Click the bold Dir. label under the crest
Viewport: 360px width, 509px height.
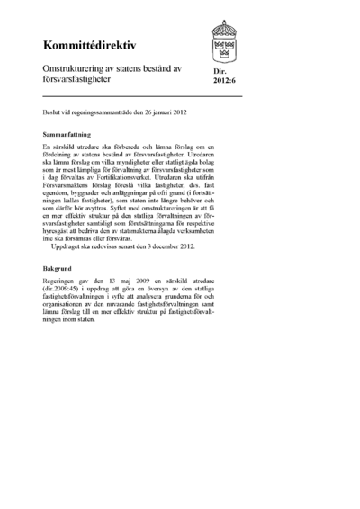[220, 79]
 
